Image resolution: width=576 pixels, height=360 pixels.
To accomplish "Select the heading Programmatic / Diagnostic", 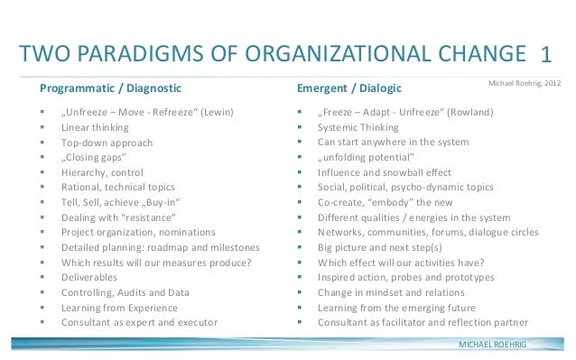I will (110, 88).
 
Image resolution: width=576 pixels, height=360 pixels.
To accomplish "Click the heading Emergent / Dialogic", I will (349, 88).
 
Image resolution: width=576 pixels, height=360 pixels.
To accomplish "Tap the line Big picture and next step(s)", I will (380, 248).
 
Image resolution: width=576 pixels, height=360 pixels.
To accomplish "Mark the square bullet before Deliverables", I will (42, 278).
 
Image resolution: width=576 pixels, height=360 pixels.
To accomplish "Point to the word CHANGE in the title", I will (482, 53).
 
